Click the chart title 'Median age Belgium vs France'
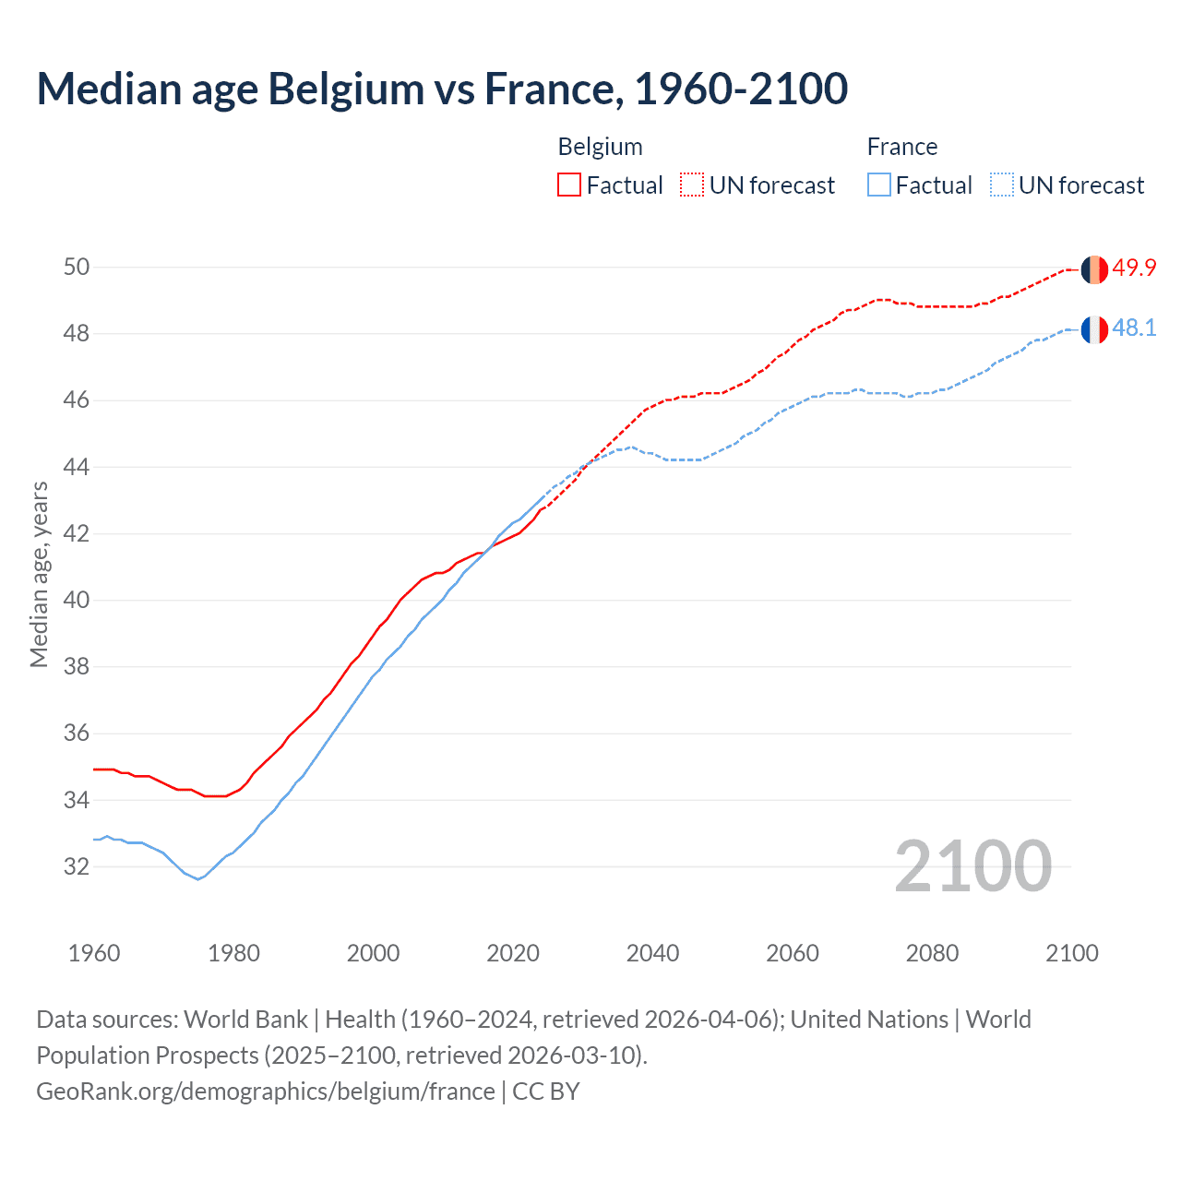(x=441, y=89)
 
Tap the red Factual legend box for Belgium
(x=569, y=185)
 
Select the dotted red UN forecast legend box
(x=692, y=185)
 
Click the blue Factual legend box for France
(x=878, y=185)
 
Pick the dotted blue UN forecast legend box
(x=1001, y=185)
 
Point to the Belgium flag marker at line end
(x=1094, y=269)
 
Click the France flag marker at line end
(x=1094, y=329)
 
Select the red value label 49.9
(x=1134, y=268)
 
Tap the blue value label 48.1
(x=1134, y=328)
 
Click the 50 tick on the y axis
(x=77, y=268)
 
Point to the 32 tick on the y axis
(x=77, y=866)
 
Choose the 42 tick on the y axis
(x=77, y=533)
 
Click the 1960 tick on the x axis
(x=94, y=953)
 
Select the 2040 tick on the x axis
(x=652, y=953)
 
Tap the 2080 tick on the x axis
(x=932, y=953)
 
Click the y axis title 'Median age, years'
(x=39, y=574)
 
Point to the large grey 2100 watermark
(x=972, y=865)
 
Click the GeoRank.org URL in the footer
(x=266, y=1092)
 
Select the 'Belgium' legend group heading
(x=600, y=147)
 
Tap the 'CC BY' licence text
(x=546, y=1092)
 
